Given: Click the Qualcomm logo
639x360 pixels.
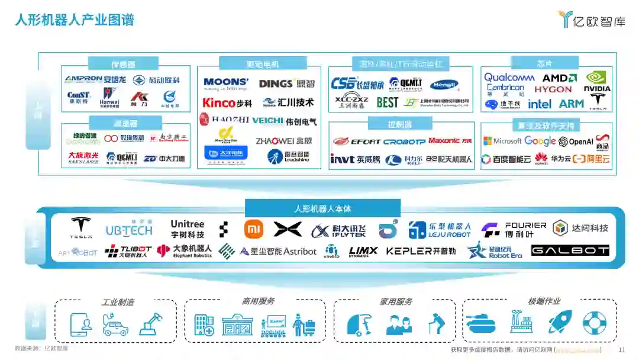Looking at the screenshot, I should (x=509, y=78).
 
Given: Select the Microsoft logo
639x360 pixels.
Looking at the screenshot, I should (x=502, y=142).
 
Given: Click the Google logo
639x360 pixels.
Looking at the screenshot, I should (x=540, y=142).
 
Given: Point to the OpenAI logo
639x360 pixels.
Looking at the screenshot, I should (x=575, y=142).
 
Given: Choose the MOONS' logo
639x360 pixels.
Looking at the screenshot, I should (x=226, y=83).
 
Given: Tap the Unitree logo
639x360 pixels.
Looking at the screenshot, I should (x=187, y=229).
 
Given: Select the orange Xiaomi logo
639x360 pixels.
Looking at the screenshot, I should (x=254, y=229).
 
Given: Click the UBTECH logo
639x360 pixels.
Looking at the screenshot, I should (x=129, y=229).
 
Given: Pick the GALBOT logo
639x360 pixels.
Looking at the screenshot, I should (x=570, y=250).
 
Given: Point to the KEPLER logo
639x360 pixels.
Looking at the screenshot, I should (x=421, y=251).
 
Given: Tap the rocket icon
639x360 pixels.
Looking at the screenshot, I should (x=559, y=322).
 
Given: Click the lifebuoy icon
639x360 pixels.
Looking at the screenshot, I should (x=595, y=323).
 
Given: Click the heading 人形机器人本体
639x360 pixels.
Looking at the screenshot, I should (x=322, y=209).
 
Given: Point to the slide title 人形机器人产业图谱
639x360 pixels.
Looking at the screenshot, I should (x=75, y=20).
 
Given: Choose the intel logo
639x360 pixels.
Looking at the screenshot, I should (x=540, y=104).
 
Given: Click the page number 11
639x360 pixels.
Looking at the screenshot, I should (x=622, y=350).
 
